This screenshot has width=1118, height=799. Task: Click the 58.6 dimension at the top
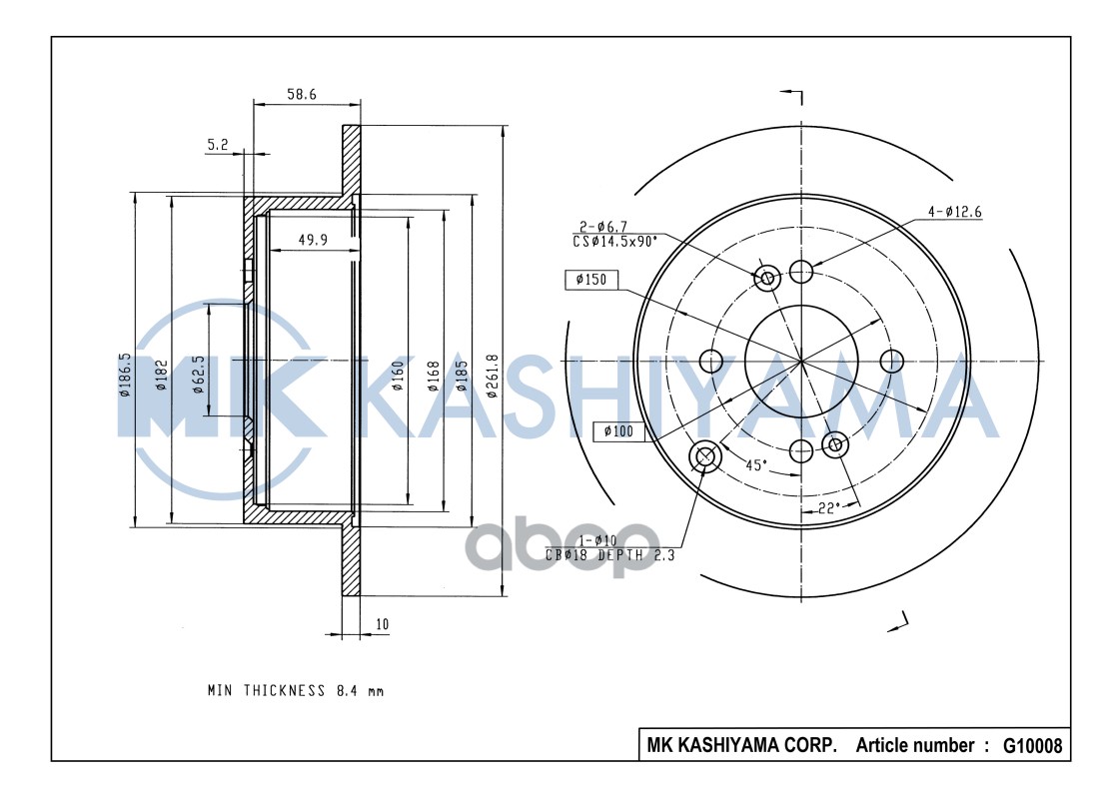301,94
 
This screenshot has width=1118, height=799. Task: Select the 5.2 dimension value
217,145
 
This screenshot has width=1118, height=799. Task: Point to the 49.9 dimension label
314,240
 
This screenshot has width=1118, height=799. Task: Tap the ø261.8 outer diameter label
492,377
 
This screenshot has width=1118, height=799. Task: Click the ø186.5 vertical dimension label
124,375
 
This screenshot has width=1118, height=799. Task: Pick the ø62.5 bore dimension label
199,374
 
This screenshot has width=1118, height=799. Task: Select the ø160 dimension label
398,375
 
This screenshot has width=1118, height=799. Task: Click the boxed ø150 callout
591,280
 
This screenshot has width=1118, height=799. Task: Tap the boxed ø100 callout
619,431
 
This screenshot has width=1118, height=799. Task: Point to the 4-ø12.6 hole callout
953,211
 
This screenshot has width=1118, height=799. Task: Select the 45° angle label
756,464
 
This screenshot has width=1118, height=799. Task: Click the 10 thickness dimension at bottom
382,625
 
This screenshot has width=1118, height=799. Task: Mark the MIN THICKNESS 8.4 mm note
295,690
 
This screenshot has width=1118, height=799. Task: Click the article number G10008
1031,745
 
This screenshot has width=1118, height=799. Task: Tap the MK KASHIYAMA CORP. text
742,745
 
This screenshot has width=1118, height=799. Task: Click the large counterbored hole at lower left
705,456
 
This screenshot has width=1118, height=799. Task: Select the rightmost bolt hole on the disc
890,360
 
